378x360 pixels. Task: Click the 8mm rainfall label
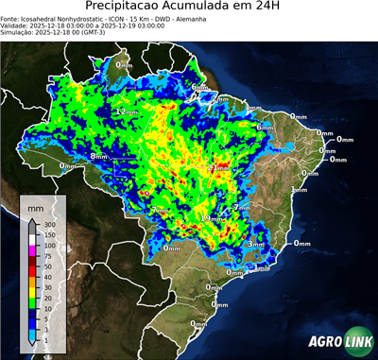pos(97,156)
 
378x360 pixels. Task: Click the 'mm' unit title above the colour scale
pos(35,205)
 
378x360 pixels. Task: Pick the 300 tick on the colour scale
pos(48,224)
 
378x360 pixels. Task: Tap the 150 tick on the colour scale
pos(48,234)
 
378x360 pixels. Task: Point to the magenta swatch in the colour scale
pos(32,250)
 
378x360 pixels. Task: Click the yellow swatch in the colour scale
pos(32,292)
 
